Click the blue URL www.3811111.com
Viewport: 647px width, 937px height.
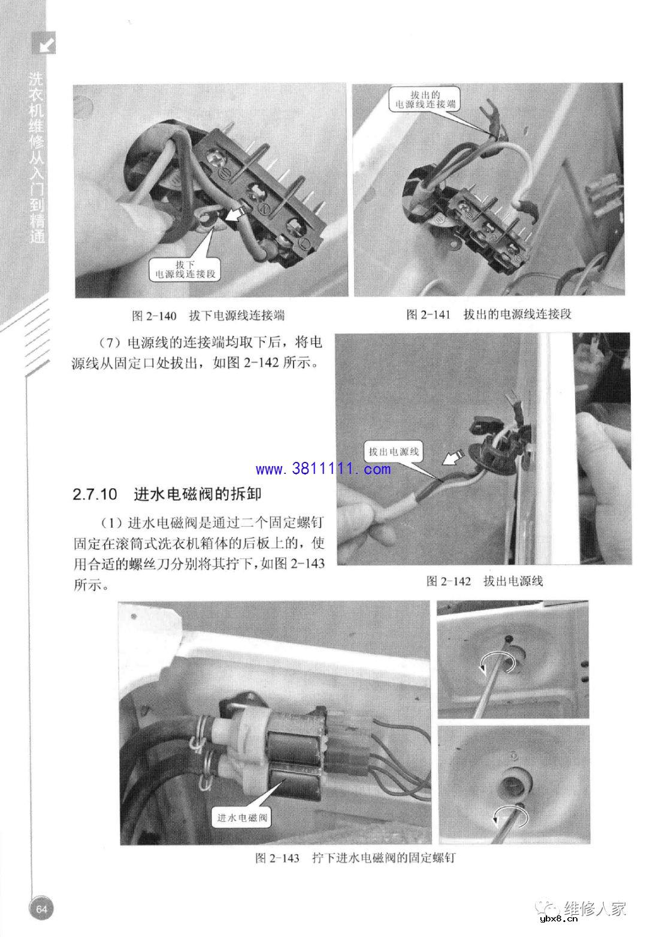(x=323, y=468)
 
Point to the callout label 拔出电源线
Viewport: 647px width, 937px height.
(x=393, y=452)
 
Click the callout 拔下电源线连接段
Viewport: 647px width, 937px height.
(x=185, y=270)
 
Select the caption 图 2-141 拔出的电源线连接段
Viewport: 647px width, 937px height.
(x=489, y=315)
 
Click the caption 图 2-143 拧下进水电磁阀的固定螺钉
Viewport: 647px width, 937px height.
(x=355, y=858)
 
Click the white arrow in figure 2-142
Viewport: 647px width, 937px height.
(x=452, y=458)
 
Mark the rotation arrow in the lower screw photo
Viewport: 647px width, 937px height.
(x=509, y=816)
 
